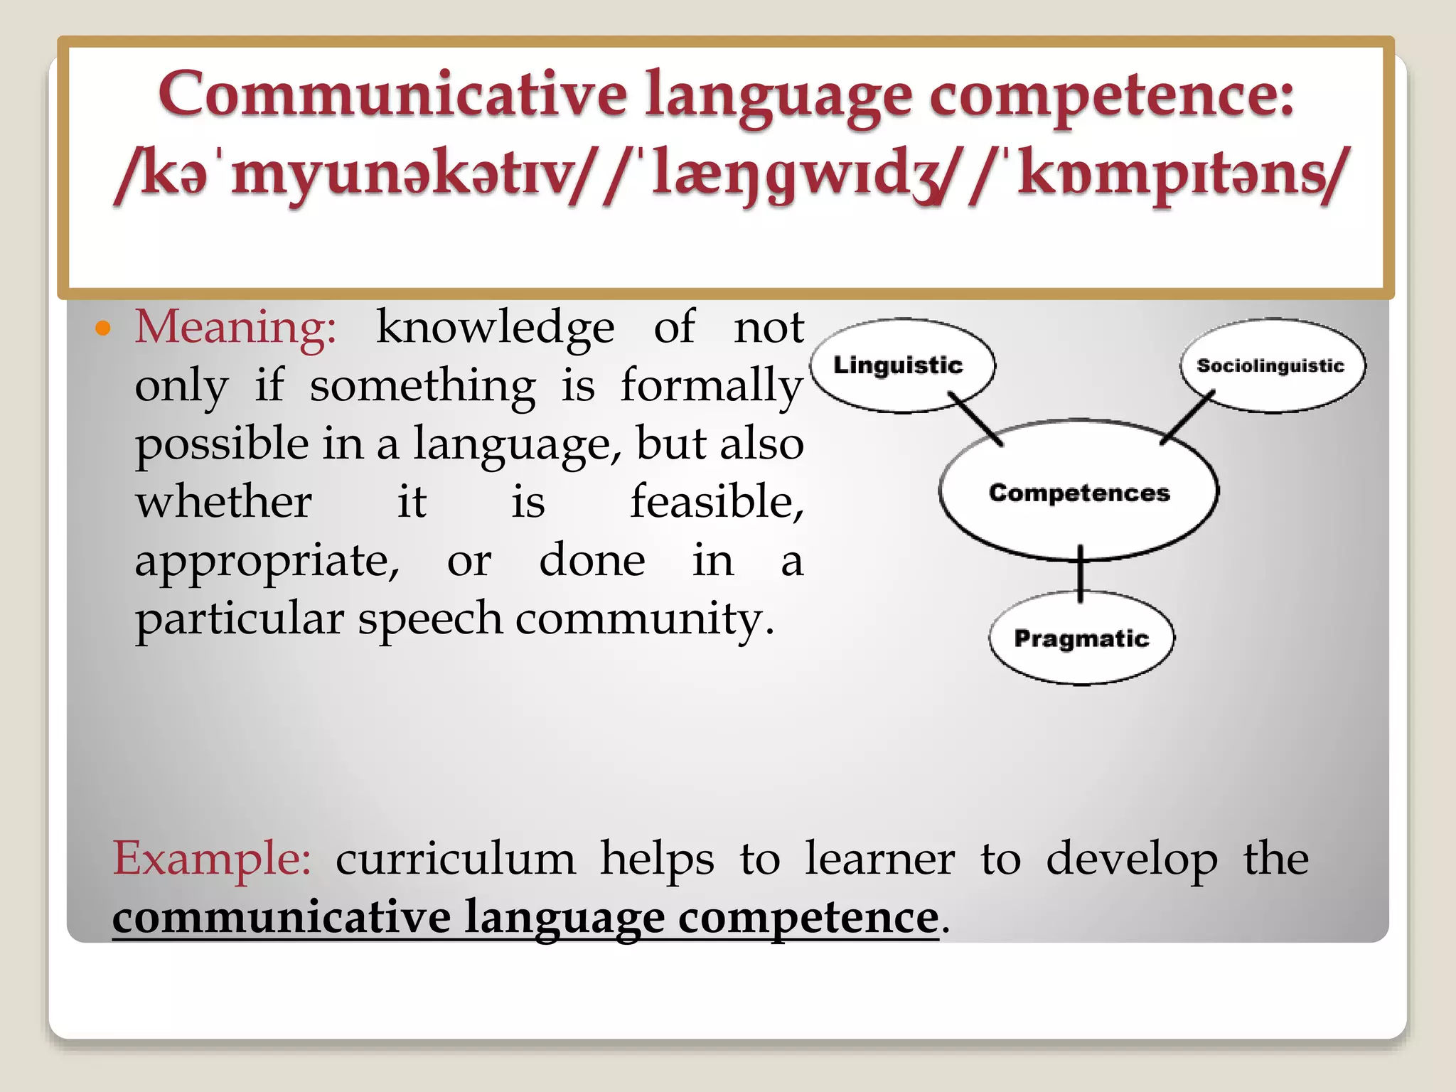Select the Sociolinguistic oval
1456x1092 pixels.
1271,365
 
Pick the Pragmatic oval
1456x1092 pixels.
1081,638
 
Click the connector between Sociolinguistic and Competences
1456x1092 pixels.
1187,418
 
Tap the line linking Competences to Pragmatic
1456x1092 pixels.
1081,574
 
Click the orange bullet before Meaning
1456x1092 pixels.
104,328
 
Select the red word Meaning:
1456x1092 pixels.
235,328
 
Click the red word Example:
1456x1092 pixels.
212,858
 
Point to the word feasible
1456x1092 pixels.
717,502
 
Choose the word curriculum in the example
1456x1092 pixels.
455,859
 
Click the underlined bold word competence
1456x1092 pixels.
808,917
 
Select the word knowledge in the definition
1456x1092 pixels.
495,328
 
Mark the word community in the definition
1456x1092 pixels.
644,619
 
